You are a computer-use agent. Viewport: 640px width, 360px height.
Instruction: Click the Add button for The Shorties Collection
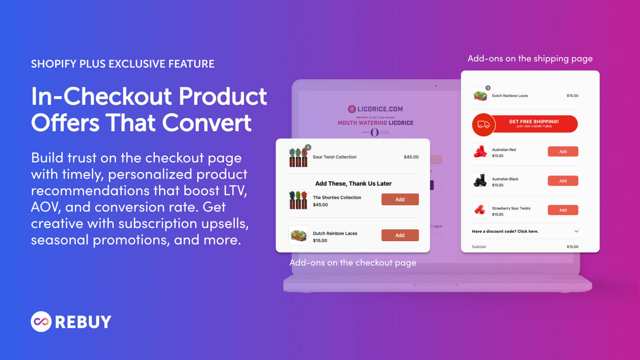[x=400, y=199]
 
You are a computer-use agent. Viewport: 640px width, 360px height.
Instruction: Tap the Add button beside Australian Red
[x=563, y=152]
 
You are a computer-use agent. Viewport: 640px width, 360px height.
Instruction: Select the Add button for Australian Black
[x=563, y=181]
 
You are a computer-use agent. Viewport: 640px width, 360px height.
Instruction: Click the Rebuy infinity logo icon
[x=41, y=322]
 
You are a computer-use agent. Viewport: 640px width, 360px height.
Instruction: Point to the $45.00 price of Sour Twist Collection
[x=411, y=157]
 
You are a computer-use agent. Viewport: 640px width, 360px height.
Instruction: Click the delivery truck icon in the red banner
[x=484, y=124]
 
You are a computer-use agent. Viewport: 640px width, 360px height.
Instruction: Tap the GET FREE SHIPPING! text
[x=534, y=122]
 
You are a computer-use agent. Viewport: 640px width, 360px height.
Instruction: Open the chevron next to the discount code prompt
[x=576, y=231]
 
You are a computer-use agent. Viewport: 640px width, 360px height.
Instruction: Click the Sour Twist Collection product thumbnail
[x=298, y=157]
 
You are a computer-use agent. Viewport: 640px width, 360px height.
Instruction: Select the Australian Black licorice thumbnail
[x=480, y=181]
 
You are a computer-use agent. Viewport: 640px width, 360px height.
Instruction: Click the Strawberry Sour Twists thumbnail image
[x=480, y=210]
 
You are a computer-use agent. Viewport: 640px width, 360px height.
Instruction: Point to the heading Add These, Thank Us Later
[x=353, y=184]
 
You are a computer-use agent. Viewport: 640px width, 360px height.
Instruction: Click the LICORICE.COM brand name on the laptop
[x=380, y=109]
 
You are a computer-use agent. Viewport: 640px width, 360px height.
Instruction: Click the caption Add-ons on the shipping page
[x=530, y=59]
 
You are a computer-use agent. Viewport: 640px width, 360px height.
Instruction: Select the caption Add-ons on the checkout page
[x=353, y=263]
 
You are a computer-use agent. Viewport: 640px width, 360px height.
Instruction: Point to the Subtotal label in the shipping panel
[x=479, y=247]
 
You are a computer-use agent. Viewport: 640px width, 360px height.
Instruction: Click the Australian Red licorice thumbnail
[x=480, y=152]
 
